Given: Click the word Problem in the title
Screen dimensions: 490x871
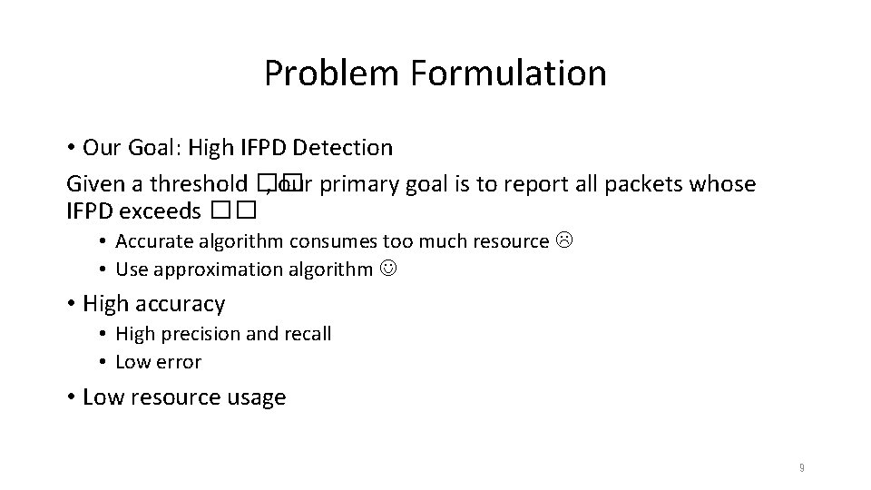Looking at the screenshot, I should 332,73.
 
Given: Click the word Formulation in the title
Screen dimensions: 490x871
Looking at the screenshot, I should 508,73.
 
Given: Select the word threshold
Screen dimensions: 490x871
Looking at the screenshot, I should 201,184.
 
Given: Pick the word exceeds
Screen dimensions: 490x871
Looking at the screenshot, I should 166,211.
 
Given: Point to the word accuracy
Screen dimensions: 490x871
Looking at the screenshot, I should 184,303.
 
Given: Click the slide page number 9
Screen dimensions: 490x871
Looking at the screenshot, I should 801,468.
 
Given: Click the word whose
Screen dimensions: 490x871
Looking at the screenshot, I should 723,184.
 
